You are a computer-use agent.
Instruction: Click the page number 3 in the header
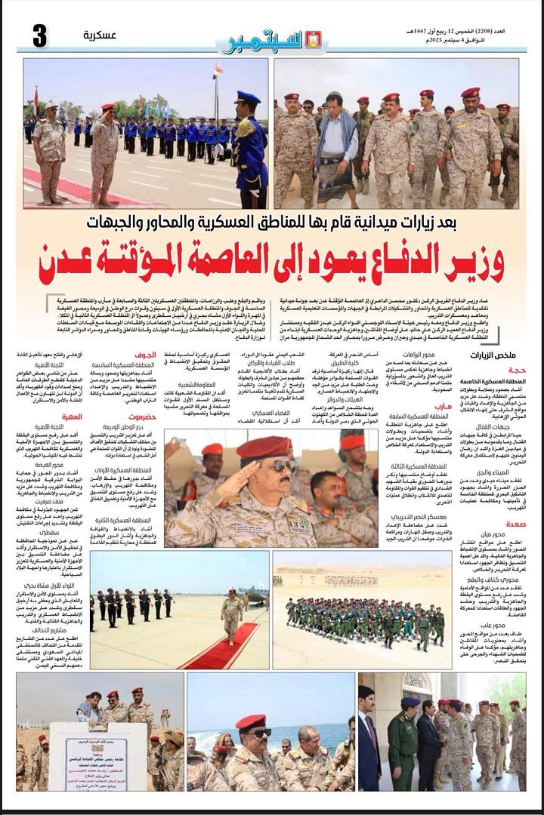tap(39, 36)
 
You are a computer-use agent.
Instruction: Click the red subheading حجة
tap(518, 371)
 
